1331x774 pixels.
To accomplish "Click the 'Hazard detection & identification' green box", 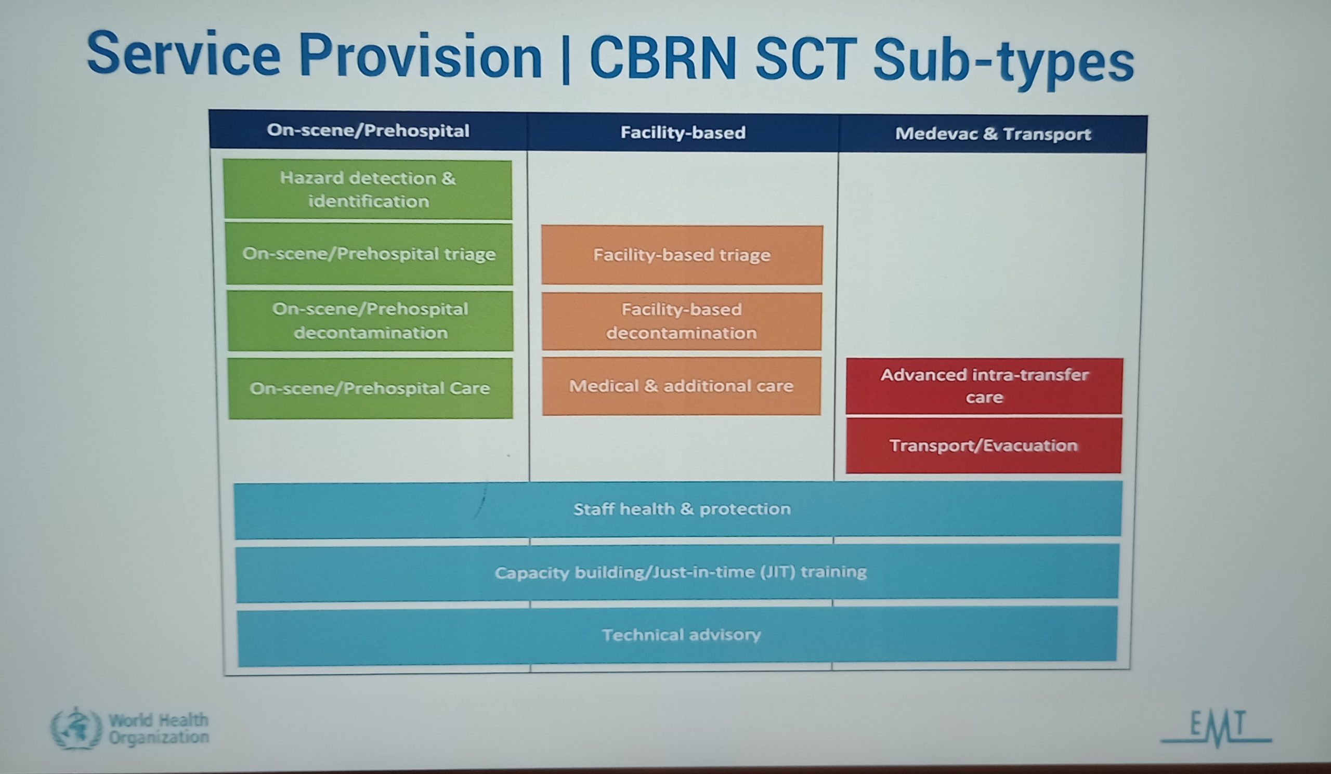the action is (368, 189).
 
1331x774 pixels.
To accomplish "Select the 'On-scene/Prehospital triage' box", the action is (369, 254).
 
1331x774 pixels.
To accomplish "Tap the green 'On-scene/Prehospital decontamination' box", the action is (370, 321).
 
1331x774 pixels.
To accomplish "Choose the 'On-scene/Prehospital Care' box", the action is (370, 388).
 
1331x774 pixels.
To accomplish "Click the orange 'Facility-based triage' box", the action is (682, 255).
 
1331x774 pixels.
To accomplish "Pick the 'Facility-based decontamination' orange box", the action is (682, 321).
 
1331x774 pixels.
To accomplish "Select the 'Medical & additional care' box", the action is (681, 386).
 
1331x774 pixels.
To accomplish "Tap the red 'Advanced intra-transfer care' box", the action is (984, 386).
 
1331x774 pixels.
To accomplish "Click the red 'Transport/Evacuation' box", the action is (984, 445).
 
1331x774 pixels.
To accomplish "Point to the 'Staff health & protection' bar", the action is (678, 509).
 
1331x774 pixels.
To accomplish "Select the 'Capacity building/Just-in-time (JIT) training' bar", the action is (677, 573).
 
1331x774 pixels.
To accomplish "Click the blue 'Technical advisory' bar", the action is (677, 635).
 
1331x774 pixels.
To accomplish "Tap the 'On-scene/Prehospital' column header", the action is (368, 130).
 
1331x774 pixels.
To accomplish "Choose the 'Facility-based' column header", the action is (683, 132).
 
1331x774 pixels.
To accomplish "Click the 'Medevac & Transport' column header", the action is (993, 134).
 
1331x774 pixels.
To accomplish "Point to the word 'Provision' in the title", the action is (421, 56).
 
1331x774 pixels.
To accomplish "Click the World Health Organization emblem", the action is (76, 728).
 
